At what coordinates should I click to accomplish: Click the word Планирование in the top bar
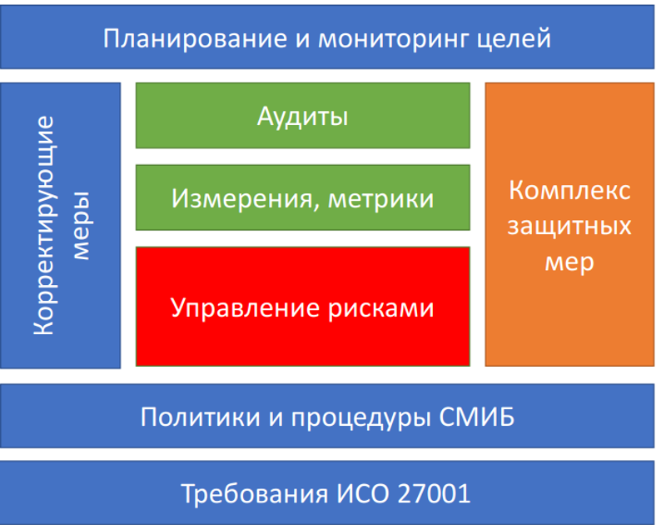click(195, 39)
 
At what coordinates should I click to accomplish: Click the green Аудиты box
click(302, 116)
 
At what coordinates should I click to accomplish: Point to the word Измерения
click(241, 198)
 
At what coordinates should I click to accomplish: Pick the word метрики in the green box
click(381, 199)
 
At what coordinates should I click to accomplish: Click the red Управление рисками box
click(302, 307)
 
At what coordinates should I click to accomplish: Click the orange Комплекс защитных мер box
click(569, 224)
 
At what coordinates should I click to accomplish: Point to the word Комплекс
click(569, 190)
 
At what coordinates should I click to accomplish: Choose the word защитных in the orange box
click(569, 227)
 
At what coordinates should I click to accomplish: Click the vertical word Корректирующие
click(45, 225)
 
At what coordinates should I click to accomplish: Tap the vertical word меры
click(81, 226)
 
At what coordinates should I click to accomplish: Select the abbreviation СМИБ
click(477, 417)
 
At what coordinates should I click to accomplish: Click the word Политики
click(200, 417)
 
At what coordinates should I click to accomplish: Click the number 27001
click(434, 493)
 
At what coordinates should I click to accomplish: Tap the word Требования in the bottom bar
click(255, 493)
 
